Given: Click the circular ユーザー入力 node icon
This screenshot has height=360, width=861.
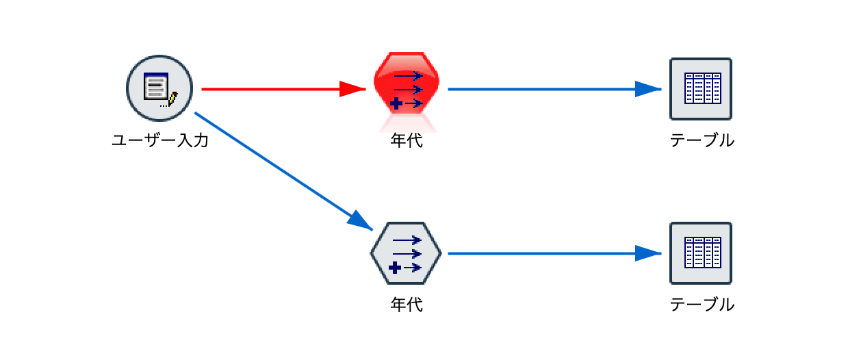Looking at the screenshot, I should [159, 89].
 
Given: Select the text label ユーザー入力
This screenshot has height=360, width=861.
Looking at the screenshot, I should [159, 141].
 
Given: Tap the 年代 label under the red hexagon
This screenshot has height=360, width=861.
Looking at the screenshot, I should [407, 141].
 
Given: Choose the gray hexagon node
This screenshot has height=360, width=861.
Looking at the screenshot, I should [406, 253].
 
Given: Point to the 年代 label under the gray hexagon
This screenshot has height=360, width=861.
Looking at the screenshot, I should [407, 304].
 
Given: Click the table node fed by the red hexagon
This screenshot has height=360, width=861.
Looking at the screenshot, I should [701, 89].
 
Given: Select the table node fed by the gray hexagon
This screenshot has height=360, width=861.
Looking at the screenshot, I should [701, 253].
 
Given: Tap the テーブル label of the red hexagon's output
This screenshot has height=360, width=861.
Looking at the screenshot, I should [702, 141].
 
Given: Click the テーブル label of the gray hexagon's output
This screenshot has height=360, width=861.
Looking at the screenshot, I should [702, 304].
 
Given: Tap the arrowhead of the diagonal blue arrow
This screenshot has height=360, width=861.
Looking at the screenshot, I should [361, 221].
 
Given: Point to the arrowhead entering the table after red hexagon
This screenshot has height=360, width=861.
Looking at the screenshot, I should [647, 89].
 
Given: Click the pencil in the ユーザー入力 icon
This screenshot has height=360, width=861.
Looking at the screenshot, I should [172, 99].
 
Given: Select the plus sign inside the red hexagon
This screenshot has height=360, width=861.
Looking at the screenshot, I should [396, 104].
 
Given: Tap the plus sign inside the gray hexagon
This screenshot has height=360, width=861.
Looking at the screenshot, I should [395, 268].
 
